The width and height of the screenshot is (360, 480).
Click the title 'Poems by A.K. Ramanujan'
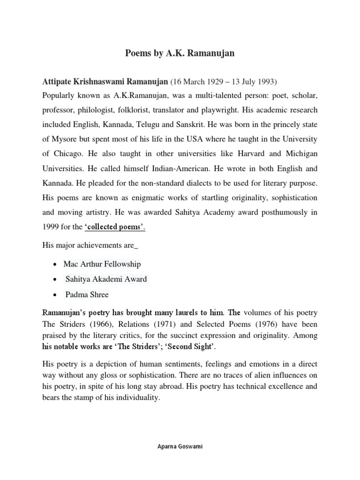click(180, 53)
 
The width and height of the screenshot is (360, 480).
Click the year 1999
click(51, 227)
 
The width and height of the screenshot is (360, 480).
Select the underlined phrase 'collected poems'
click(115, 227)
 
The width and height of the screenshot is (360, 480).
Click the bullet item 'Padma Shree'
click(87, 295)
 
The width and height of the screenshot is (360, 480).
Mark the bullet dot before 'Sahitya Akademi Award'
click(55, 280)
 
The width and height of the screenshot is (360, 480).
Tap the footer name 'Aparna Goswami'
click(180, 447)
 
